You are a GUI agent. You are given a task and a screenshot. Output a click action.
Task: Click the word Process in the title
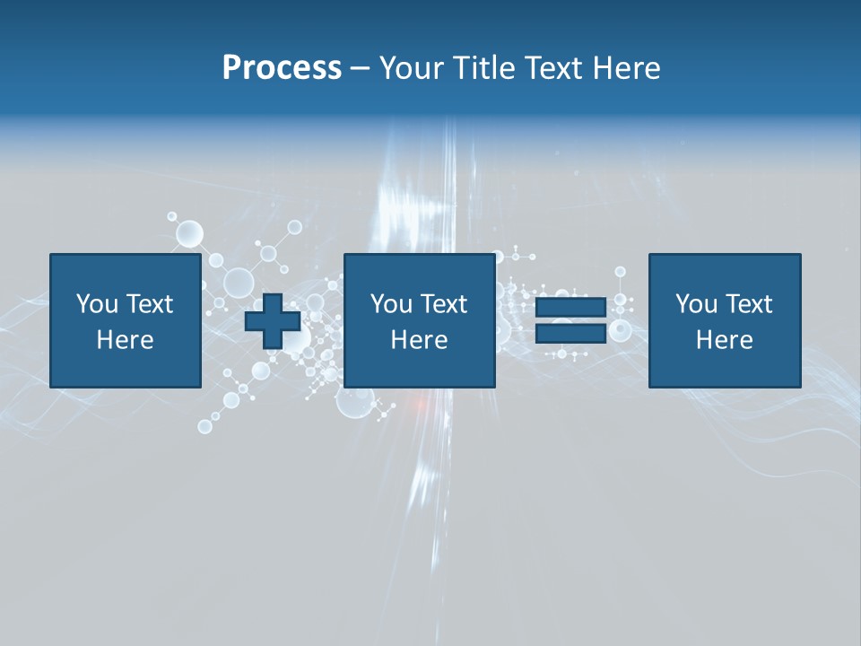(282, 68)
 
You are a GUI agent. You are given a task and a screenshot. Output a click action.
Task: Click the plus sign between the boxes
(273, 321)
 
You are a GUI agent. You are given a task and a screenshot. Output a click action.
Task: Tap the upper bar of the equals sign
(570, 307)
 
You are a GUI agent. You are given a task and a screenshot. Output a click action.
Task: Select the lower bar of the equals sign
(570, 334)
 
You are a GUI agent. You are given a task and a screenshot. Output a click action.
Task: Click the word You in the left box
(97, 304)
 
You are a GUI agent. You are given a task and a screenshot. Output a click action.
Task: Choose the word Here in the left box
(125, 340)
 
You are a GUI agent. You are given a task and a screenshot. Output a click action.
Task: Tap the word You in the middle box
(391, 304)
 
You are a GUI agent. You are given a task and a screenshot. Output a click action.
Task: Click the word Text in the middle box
(442, 304)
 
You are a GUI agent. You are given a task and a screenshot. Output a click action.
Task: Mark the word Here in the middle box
(419, 340)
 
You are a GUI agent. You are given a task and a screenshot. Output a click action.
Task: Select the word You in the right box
(696, 304)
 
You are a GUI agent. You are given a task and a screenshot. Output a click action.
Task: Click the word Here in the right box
(724, 340)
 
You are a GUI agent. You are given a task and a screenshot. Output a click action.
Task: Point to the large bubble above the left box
(189, 234)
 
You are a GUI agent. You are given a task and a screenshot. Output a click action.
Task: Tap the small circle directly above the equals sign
(619, 272)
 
